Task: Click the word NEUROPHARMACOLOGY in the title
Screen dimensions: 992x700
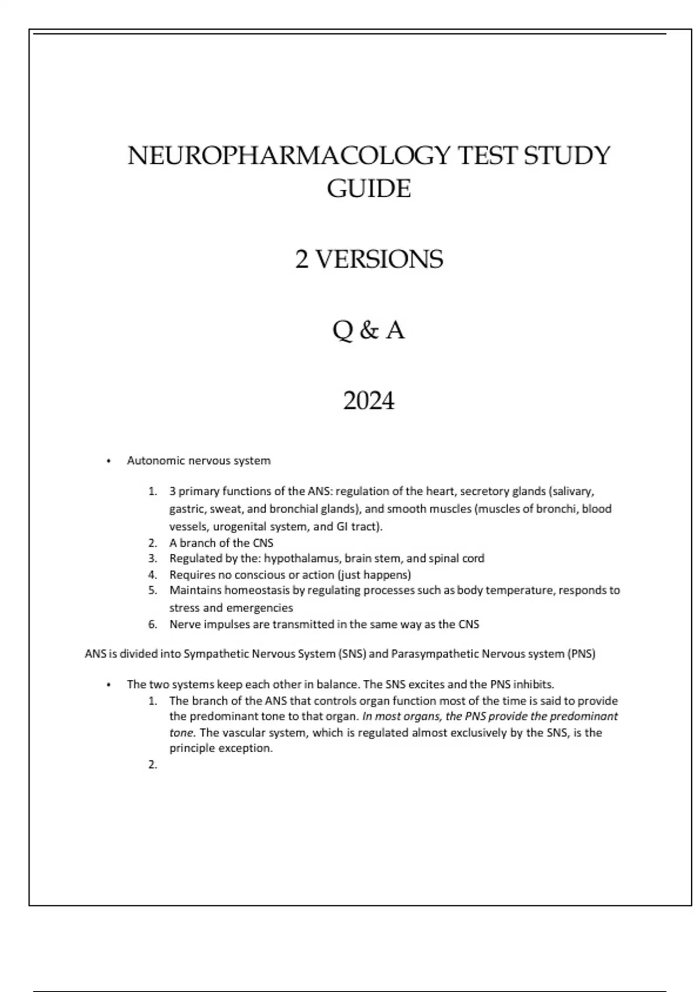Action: [289, 156]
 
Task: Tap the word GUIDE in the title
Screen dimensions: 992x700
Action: [369, 189]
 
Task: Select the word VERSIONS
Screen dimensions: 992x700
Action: [379, 260]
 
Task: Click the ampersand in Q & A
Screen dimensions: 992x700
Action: [368, 331]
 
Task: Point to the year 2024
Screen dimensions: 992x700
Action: [369, 401]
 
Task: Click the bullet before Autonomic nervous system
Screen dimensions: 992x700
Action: [108, 462]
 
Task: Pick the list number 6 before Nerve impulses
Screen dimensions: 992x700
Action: [153, 624]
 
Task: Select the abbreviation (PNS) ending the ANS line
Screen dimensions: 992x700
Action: [581, 654]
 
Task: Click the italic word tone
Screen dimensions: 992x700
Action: [181, 733]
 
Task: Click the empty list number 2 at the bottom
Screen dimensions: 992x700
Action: [153, 765]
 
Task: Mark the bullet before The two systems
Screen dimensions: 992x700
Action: [108, 685]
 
